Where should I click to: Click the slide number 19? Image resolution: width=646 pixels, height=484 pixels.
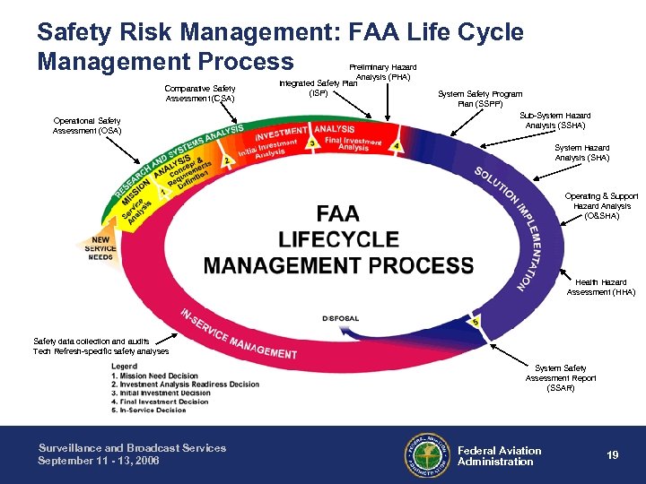[x=612, y=455]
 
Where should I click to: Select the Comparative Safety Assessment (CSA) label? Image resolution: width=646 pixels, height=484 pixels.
[x=199, y=93]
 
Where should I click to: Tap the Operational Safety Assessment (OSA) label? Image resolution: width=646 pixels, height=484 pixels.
[x=87, y=125]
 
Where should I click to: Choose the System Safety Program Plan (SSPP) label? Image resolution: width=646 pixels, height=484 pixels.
[x=479, y=99]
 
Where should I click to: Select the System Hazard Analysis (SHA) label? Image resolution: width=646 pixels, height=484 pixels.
[x=581, y=153]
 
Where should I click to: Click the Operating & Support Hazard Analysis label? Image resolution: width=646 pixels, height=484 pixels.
[x=601, y=206]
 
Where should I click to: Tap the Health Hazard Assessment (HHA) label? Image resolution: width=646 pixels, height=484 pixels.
[x=600, y=287]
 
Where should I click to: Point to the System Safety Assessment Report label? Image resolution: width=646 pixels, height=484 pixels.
[x=561, y=377]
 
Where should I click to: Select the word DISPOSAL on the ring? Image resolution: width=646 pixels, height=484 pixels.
[x=340, y=318]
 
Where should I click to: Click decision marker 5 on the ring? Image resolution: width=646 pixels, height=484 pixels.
[x=475, y=322]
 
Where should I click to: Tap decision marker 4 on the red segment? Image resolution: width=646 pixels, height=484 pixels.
[x=396, y=146]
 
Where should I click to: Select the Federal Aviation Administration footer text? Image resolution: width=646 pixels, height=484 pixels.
[x=499, y=456]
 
